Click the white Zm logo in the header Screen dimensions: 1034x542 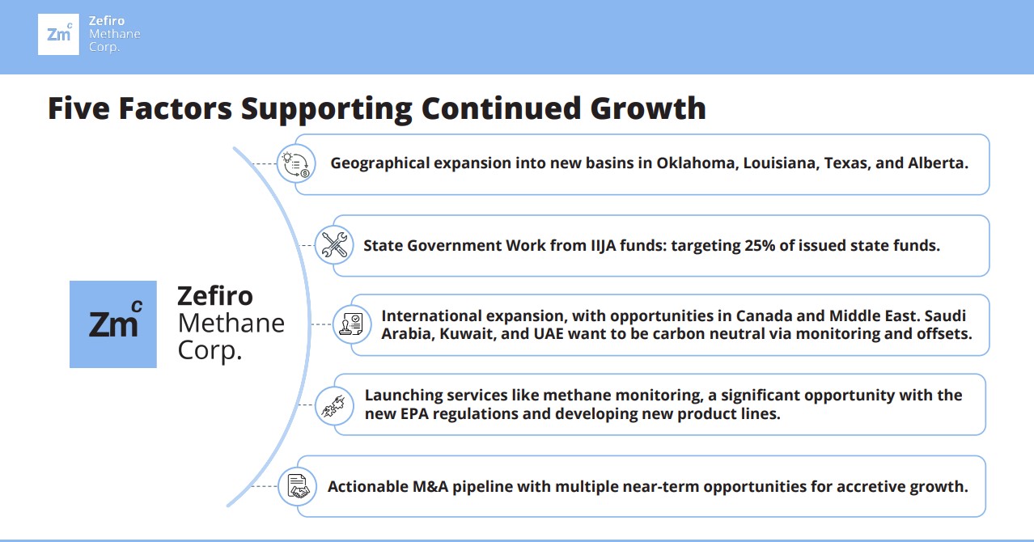pyautogui.click(x=58, y=34)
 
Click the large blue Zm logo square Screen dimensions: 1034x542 pyautogui.click(x=113, y=324)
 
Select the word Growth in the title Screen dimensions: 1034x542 pyautogui.click(x=648, y=108)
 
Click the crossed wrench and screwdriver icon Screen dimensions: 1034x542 pyautogui.click(x=335, y=244)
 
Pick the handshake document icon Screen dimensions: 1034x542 pyautogui.click(x=298, y=486)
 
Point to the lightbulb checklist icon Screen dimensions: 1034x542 pyautogui.click(x=296, y=164)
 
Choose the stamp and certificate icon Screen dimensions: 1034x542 pyautogui.click(x=352, y=324)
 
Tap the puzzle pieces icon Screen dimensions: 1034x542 pyautogui.click(x=334, y=406)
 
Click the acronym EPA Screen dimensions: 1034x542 pyautogui.click(x=413, y=413)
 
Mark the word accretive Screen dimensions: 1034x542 pyautogui.click(x=870, y=487)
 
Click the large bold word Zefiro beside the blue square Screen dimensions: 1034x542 pyautogui.click(x=215, y=296)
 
